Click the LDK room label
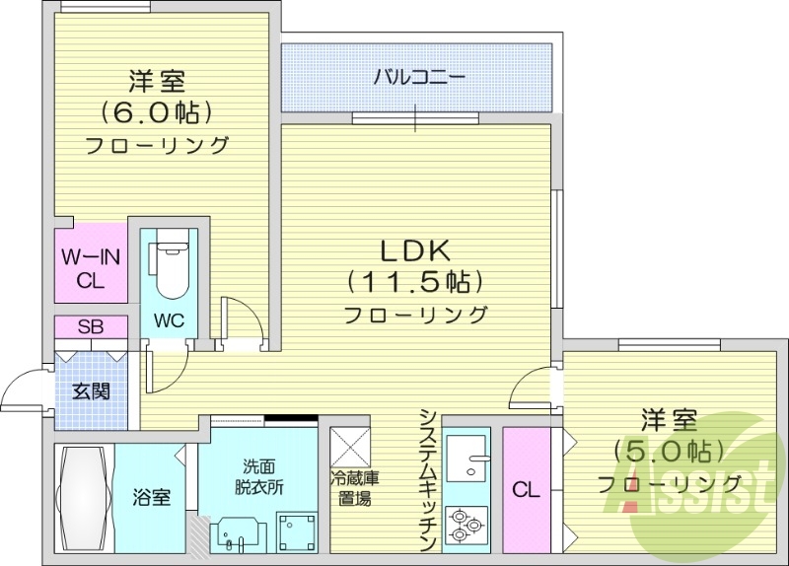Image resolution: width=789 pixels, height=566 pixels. (415, 249)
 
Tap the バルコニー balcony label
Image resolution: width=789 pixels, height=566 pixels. (418, 76)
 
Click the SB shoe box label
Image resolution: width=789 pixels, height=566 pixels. (90, 327)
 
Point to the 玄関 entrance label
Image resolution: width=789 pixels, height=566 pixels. (90, 390)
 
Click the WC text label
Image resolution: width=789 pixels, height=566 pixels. (168, 321)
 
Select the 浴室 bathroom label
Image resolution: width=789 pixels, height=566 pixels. (151, 496)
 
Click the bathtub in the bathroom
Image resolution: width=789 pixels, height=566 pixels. (84, 500)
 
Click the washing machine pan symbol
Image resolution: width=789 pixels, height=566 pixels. (296, 531)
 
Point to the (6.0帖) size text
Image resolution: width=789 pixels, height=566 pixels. (156, 110)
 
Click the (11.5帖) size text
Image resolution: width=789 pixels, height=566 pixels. (415, 283)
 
